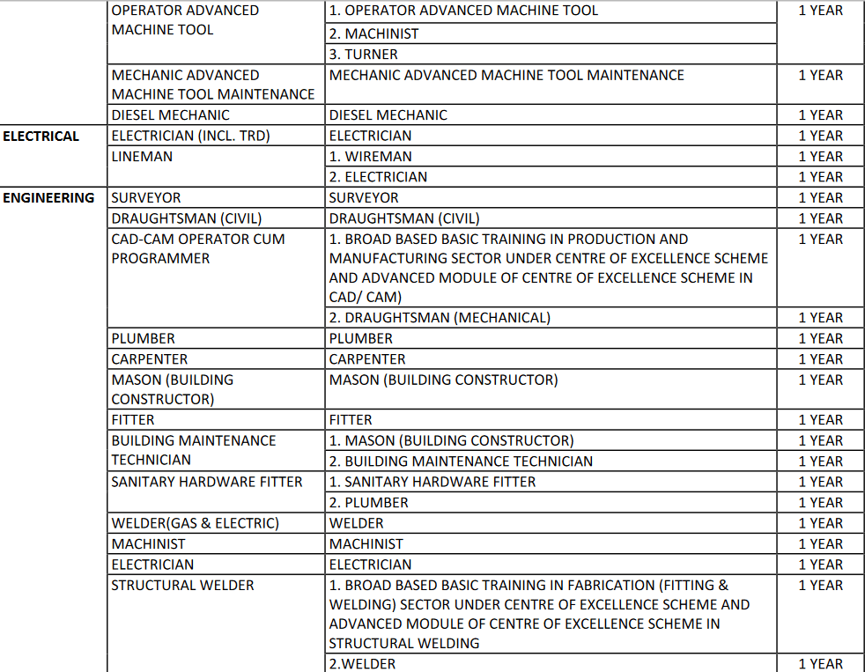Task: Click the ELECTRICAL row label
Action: tap(41, 136)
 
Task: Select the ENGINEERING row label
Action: tap(48, 198)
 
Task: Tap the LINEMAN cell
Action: tap(142, 157)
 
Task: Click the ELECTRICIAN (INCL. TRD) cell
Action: tap(190, 136)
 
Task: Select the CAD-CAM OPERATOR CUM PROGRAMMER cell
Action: tap(197, 248)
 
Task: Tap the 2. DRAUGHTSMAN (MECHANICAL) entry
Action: tap(440, 318)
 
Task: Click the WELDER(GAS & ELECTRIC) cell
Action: tap(195, 523)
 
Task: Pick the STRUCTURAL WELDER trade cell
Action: tap(182, 586)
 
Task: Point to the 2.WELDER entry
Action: tap(362, 664)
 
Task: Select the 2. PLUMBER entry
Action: tap(368, 503)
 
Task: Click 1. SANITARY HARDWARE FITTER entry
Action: tap(432, 482)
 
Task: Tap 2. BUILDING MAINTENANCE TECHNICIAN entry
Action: tap(460, 462)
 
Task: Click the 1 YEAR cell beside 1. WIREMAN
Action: tap(820, 157)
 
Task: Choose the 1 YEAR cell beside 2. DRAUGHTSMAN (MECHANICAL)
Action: tap(820, 318)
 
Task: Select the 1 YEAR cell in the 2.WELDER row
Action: tap(820, 664)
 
